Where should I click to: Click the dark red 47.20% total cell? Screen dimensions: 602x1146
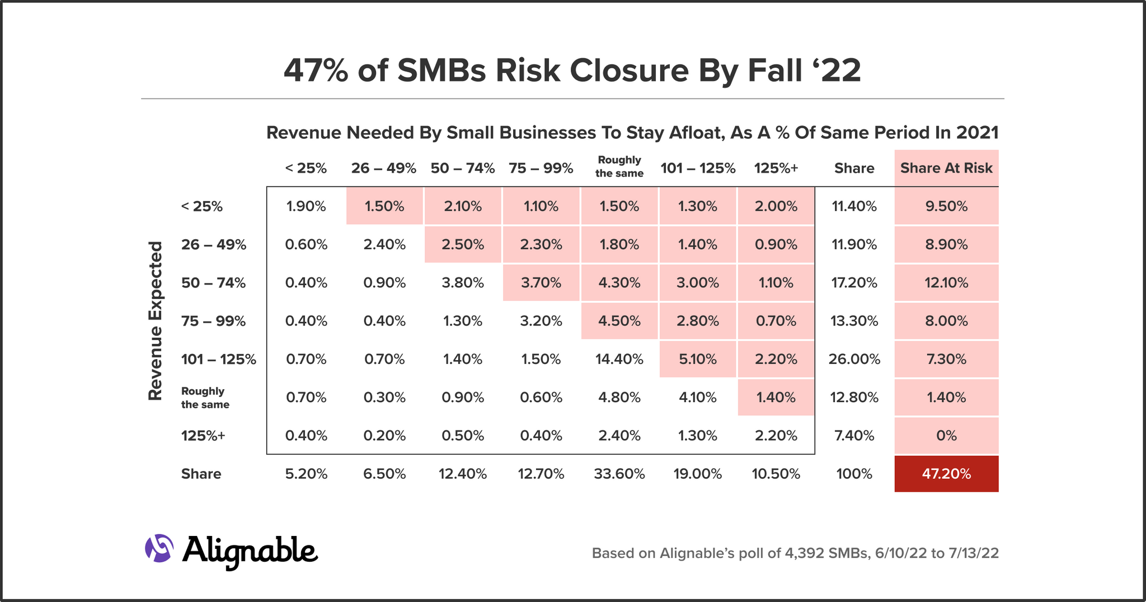946,474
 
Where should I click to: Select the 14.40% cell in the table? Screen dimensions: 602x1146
619,359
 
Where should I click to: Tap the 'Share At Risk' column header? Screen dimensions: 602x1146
946,168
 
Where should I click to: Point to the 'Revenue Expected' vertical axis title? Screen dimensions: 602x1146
155,321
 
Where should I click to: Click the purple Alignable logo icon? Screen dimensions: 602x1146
159,548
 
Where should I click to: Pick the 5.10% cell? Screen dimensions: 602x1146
697,359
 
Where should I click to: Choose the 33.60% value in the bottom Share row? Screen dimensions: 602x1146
619,474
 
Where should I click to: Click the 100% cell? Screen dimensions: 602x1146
854,474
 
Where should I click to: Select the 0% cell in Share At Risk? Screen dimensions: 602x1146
946,436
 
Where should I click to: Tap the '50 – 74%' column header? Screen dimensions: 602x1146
462,168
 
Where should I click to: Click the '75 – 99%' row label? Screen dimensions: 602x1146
213,321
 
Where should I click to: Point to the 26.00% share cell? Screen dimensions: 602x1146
854,359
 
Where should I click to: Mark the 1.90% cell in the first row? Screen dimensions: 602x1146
306,206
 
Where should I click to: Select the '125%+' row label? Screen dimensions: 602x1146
203,436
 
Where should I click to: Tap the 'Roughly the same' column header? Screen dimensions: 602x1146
619,167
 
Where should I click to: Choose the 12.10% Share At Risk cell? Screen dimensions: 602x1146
946,283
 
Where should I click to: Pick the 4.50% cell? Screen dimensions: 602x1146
619,321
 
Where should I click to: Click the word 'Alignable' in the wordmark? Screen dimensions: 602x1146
250,550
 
